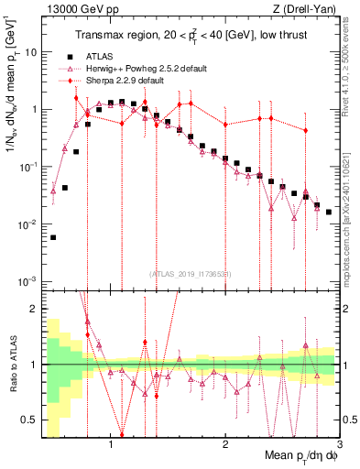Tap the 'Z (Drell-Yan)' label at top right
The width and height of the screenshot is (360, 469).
(x=308, y=9)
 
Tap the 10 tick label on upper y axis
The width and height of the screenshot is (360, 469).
(x=29, y=52)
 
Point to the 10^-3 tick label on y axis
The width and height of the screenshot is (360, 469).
(x=27, y=281)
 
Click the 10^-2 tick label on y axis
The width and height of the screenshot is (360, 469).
(x=27, y=224)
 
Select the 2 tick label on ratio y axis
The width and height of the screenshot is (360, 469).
(x=33, y=309)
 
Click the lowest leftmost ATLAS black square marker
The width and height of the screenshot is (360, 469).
(x=53, y=237)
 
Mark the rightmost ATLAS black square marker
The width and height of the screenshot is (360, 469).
(x=329, y=212)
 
